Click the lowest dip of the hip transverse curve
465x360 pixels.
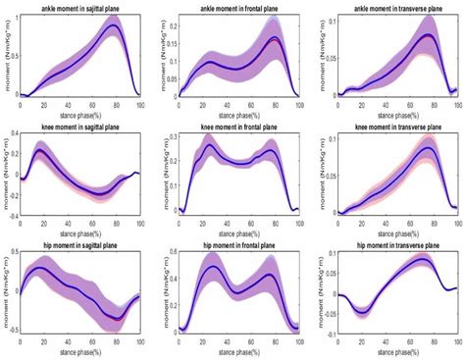point(363,313)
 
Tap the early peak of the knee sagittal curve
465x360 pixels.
point(40,152)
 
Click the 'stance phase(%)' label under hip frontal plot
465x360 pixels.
point(241,349)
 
